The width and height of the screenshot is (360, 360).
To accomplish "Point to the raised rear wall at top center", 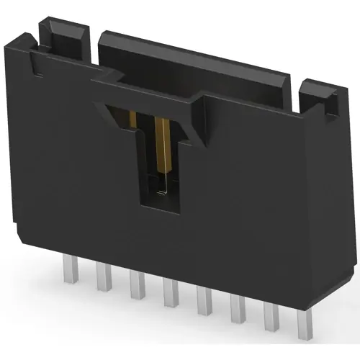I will [x=194, y=58].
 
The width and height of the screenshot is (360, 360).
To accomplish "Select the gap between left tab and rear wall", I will [x=94, y=43].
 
